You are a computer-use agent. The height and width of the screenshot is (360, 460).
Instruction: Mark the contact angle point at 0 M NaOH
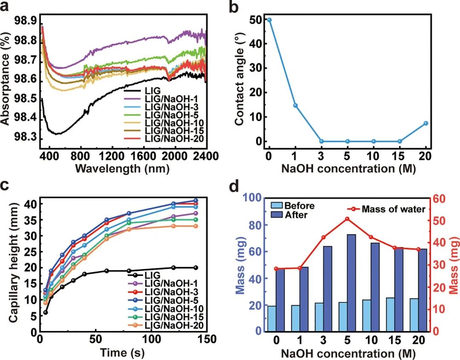[269, 20]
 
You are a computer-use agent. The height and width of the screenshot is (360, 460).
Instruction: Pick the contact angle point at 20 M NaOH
[425, 123]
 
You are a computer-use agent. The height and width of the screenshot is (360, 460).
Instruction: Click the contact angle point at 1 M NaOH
[295, 105]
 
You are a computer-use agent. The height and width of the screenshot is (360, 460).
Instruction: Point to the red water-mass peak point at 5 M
[347, 219]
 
